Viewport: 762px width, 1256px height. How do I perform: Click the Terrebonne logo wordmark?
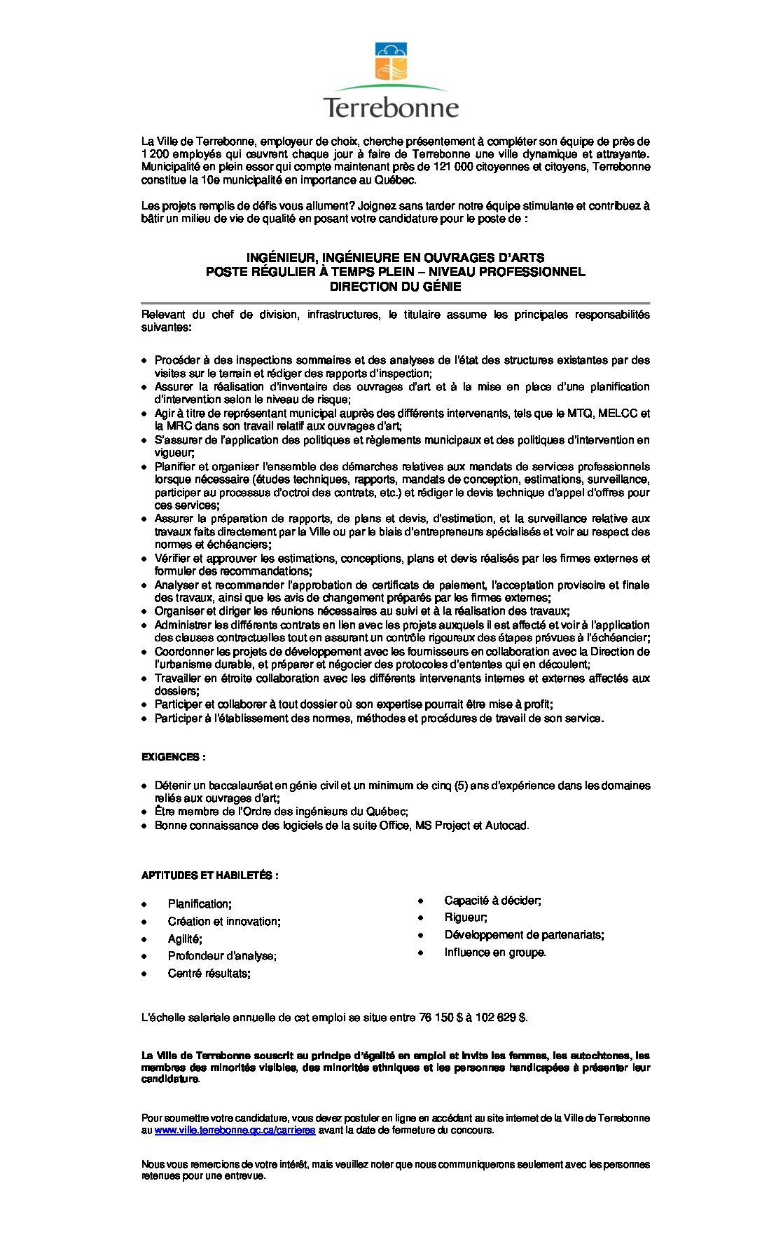(391, 108)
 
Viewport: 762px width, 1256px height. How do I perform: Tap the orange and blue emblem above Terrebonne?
(391, 62)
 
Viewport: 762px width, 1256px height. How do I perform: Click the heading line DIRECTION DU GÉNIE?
(395, 286)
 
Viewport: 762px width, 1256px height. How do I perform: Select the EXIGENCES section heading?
(173, 757)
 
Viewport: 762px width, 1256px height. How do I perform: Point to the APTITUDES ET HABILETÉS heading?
(209, 875)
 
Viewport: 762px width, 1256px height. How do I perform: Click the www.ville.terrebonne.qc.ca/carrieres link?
(235, 1131)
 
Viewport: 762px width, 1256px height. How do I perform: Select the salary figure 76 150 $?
(441, 1017)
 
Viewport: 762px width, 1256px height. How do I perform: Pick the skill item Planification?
(200, 904)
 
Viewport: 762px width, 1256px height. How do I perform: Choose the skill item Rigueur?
(466, 917)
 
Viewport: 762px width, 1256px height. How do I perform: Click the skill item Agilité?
(185, 938)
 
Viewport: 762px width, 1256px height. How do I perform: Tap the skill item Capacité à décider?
(492, 900)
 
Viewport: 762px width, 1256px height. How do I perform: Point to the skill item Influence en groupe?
(494, 952)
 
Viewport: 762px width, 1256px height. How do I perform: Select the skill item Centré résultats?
(209, 974)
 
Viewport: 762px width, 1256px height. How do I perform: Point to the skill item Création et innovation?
(224, 922)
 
